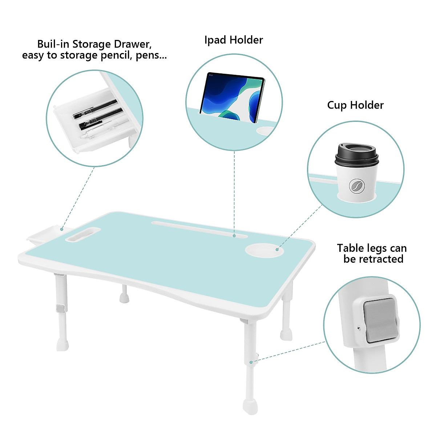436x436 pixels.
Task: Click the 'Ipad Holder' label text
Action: (233, 40)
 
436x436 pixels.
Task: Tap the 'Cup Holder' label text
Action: (355, 105)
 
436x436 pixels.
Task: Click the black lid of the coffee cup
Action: (356, 154)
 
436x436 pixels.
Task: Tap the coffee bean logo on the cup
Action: (356, 186)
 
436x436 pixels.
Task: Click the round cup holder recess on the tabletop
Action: (264, 250)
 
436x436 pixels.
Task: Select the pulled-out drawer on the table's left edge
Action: (42, 235)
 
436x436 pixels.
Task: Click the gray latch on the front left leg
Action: (60, 309)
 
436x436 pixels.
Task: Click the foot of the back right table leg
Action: (286, 334)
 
